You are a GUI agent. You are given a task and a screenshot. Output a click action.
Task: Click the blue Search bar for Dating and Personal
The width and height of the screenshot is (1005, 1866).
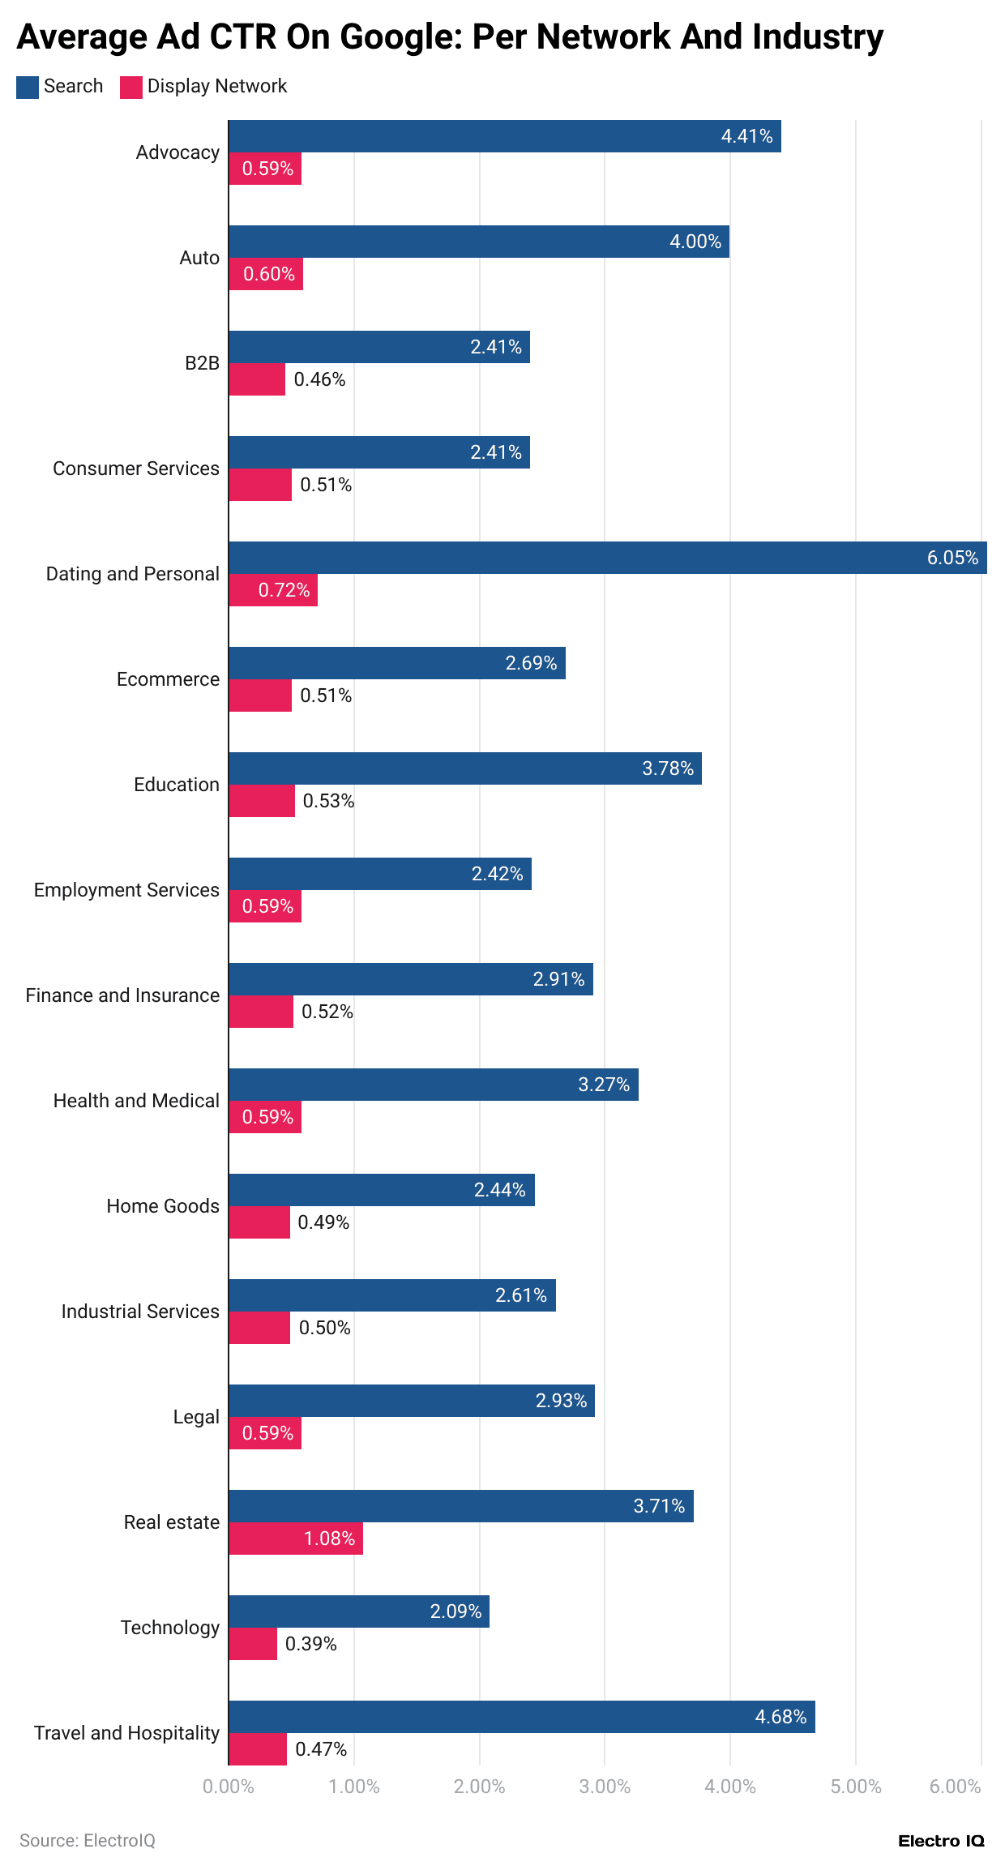pos(607,558)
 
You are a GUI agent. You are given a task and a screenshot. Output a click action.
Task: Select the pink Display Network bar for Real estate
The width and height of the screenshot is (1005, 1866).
pos(295,1539)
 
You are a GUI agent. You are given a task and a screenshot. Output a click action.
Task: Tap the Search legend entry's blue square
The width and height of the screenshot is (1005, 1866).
pos(28,87)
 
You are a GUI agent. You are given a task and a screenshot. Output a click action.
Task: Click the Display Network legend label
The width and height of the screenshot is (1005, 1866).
pos(216,86)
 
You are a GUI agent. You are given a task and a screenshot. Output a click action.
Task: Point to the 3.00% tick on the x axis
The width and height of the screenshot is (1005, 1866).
pos(605,1787)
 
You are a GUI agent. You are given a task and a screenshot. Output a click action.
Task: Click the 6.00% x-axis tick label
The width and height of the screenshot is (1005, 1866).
pos(955,1787)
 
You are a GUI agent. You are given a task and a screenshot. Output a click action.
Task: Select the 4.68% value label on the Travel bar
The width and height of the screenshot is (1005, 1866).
pos(780,1717)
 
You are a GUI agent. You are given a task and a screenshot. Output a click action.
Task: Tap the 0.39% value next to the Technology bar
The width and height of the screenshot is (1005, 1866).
pos(310,1644)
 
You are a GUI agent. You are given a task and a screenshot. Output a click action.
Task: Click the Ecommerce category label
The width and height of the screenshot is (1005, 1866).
pos(168,679)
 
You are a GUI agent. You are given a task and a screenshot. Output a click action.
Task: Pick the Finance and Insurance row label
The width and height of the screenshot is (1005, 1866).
pos(122,995)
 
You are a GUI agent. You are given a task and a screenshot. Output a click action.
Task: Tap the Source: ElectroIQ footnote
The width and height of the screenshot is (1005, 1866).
pos(88,1841)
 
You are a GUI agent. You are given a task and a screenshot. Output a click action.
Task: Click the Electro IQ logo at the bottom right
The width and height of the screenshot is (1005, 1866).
pos(941,1841)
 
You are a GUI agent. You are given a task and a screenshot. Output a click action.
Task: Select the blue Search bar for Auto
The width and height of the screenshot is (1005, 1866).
pos(478,242)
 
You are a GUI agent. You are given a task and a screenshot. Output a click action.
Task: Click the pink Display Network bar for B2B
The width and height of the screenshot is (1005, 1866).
pos(257,379)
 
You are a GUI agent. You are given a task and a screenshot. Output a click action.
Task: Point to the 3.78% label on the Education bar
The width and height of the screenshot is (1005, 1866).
pos(668,768)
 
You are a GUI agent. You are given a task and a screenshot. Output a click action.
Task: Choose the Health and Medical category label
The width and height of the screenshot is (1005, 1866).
pos(136,1101)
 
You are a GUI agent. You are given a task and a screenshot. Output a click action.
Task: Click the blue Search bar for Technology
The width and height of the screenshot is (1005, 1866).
pos(358,1611)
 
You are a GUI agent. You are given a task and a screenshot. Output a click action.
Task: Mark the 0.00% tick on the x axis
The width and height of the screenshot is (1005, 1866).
pos(229,1787)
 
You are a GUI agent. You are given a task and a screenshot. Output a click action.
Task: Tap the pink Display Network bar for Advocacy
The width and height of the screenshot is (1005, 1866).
pos(265,169)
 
